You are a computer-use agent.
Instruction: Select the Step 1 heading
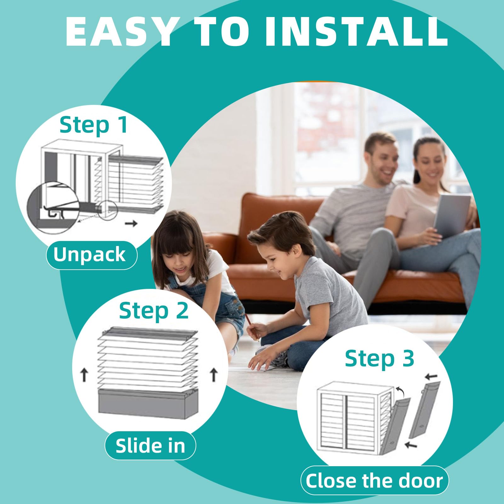(94, 125)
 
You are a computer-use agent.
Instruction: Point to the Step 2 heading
(154, 311)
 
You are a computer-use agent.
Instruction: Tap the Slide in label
(150, 446)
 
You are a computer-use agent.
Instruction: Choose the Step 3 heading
(380, 359)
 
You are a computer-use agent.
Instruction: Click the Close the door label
(375, 481)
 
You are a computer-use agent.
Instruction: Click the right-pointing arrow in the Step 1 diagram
(131, 223)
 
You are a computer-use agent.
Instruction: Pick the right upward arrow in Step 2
(214, 375)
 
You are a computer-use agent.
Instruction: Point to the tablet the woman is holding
(452, 216)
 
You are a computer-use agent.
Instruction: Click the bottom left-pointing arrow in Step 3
(411, 445)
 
